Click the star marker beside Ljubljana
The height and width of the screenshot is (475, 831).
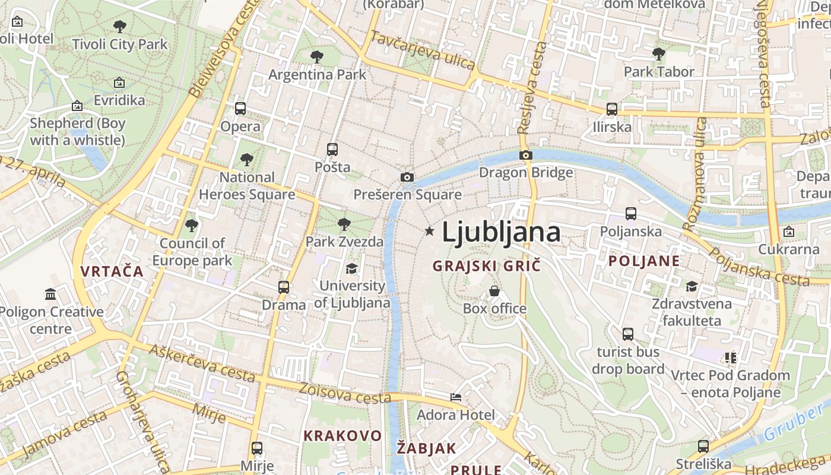click(x=429, y=231)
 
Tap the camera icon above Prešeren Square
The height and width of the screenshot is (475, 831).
click(x=407, y=177)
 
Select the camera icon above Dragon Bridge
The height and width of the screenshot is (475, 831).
click(x=525, y=156)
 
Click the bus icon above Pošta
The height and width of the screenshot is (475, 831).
click(x=332, y=150)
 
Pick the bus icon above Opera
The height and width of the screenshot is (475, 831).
click(x=240, y=109)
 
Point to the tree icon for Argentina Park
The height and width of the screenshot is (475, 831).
click(x=317, y=57)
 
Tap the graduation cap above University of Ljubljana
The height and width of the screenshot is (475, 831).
click(x=352, y=269)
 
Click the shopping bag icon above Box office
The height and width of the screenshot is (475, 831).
click(x=494, y=291)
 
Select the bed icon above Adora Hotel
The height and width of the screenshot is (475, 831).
click(x=456, y=397)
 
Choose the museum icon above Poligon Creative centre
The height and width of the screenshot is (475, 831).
click(x=50, y=294)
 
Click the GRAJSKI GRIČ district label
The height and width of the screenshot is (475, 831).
click(x=487, y=266)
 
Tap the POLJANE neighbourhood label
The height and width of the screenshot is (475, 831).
click(x=644, y=261)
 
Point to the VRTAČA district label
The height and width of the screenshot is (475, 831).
click(x=112, y=271)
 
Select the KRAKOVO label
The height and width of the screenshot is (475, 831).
click(x=342, y=436)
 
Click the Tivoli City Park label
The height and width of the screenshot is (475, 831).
click(x=120, y=45)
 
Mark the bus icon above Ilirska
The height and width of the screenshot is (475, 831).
click(x=612, y=109)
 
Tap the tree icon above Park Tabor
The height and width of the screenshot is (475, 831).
click(x=658, y=54)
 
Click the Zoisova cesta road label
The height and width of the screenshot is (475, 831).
click(x=345, y=392)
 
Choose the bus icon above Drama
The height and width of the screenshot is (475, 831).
click(x=284, y=287)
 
